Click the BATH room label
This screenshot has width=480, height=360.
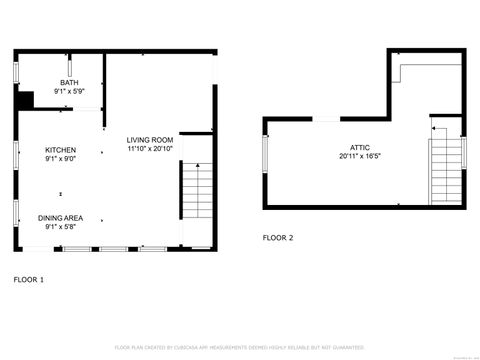point(68,83)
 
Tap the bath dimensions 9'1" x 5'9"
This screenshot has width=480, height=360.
point(68,91)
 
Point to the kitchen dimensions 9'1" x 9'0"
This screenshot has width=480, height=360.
point(60,158)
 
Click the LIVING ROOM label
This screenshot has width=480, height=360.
point(150,140)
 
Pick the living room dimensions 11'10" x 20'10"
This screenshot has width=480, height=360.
point(150,148)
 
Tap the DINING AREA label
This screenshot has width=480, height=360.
point(60,217)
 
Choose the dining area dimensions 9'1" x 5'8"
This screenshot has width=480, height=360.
point(60,226)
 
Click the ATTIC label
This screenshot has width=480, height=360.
point(360,147)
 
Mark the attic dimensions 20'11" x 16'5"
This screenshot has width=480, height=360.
point(360,156)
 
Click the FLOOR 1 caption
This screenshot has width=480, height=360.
point(27,280)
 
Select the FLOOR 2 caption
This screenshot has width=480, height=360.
point(277,238)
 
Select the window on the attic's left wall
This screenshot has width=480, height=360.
point(265,160)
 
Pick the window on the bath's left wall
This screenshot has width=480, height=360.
point(15,73)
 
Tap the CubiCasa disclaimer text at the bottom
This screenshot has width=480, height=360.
point(239,347)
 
